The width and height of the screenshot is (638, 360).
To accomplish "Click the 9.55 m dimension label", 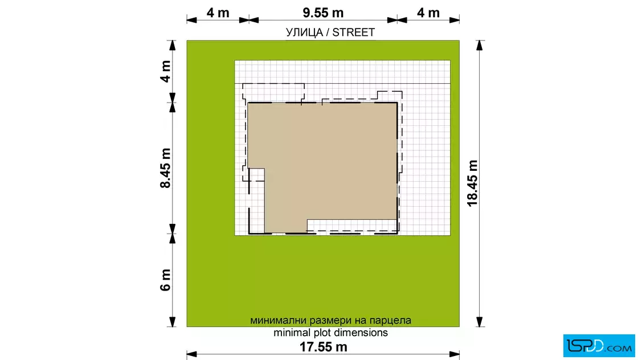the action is [x=323, y=13].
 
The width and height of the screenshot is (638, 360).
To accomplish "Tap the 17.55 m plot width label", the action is [x=324, y=347].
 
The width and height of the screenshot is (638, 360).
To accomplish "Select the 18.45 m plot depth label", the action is [x=472, y=183].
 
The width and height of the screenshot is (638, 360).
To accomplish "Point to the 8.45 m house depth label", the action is [x=165, y=168].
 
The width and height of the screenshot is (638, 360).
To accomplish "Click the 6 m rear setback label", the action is [x=165, y=280].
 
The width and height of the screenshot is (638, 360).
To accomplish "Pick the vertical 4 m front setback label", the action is [x=165, y=71].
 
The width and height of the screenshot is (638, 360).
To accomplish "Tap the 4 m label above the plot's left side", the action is [x=218, y=13].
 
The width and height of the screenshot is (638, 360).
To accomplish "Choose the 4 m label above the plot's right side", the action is [x=428, y=13].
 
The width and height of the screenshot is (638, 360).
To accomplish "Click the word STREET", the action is [x=354, y=32].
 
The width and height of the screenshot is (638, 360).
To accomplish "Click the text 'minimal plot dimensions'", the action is [x=330, y=333].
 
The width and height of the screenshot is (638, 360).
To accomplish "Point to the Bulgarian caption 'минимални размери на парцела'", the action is [x=330, y=321].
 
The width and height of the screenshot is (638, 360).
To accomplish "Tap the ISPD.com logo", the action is [x=599, y=346].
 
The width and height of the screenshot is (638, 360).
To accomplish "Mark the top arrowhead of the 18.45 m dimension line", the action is [x=480, y=45].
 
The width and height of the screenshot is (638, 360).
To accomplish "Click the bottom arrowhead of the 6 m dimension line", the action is [x=173, y=322].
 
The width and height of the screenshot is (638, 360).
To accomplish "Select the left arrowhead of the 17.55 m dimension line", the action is [x=191, y=354].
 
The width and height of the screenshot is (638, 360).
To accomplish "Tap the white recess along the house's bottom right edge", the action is [x=352, y=226].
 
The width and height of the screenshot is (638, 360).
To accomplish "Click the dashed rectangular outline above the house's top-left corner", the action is [x=273, y=84].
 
